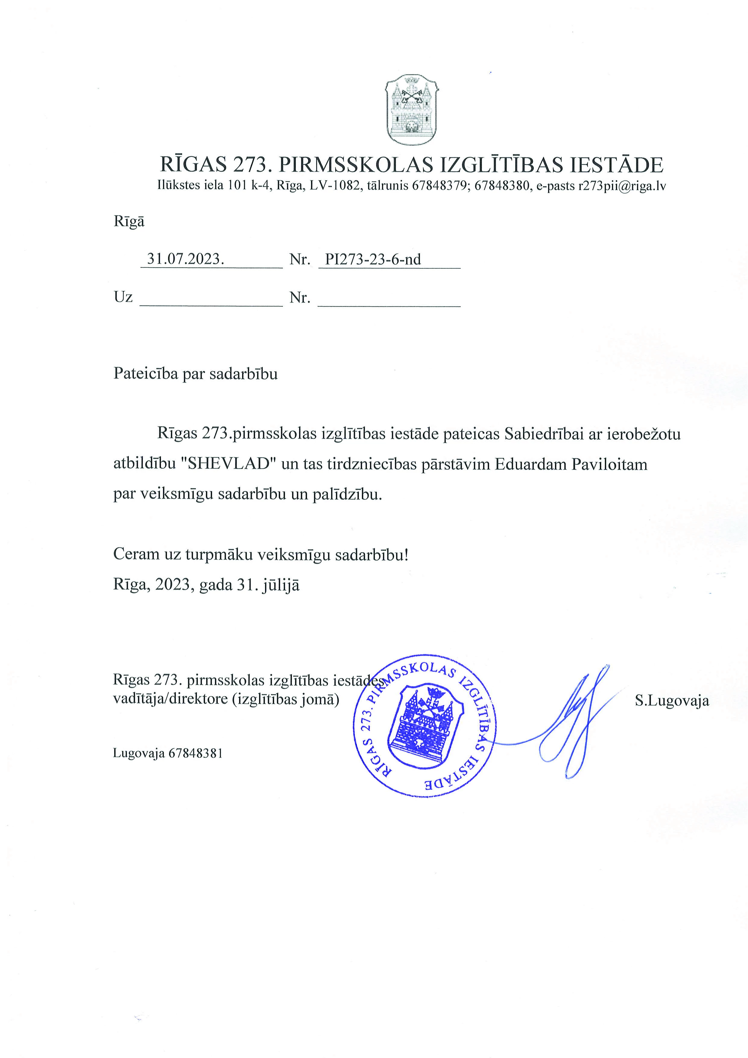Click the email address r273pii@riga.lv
(622, 186)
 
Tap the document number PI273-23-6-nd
(373, 259)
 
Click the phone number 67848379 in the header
(438, 186)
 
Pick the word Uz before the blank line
(123, 297)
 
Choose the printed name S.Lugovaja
(671, 701)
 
